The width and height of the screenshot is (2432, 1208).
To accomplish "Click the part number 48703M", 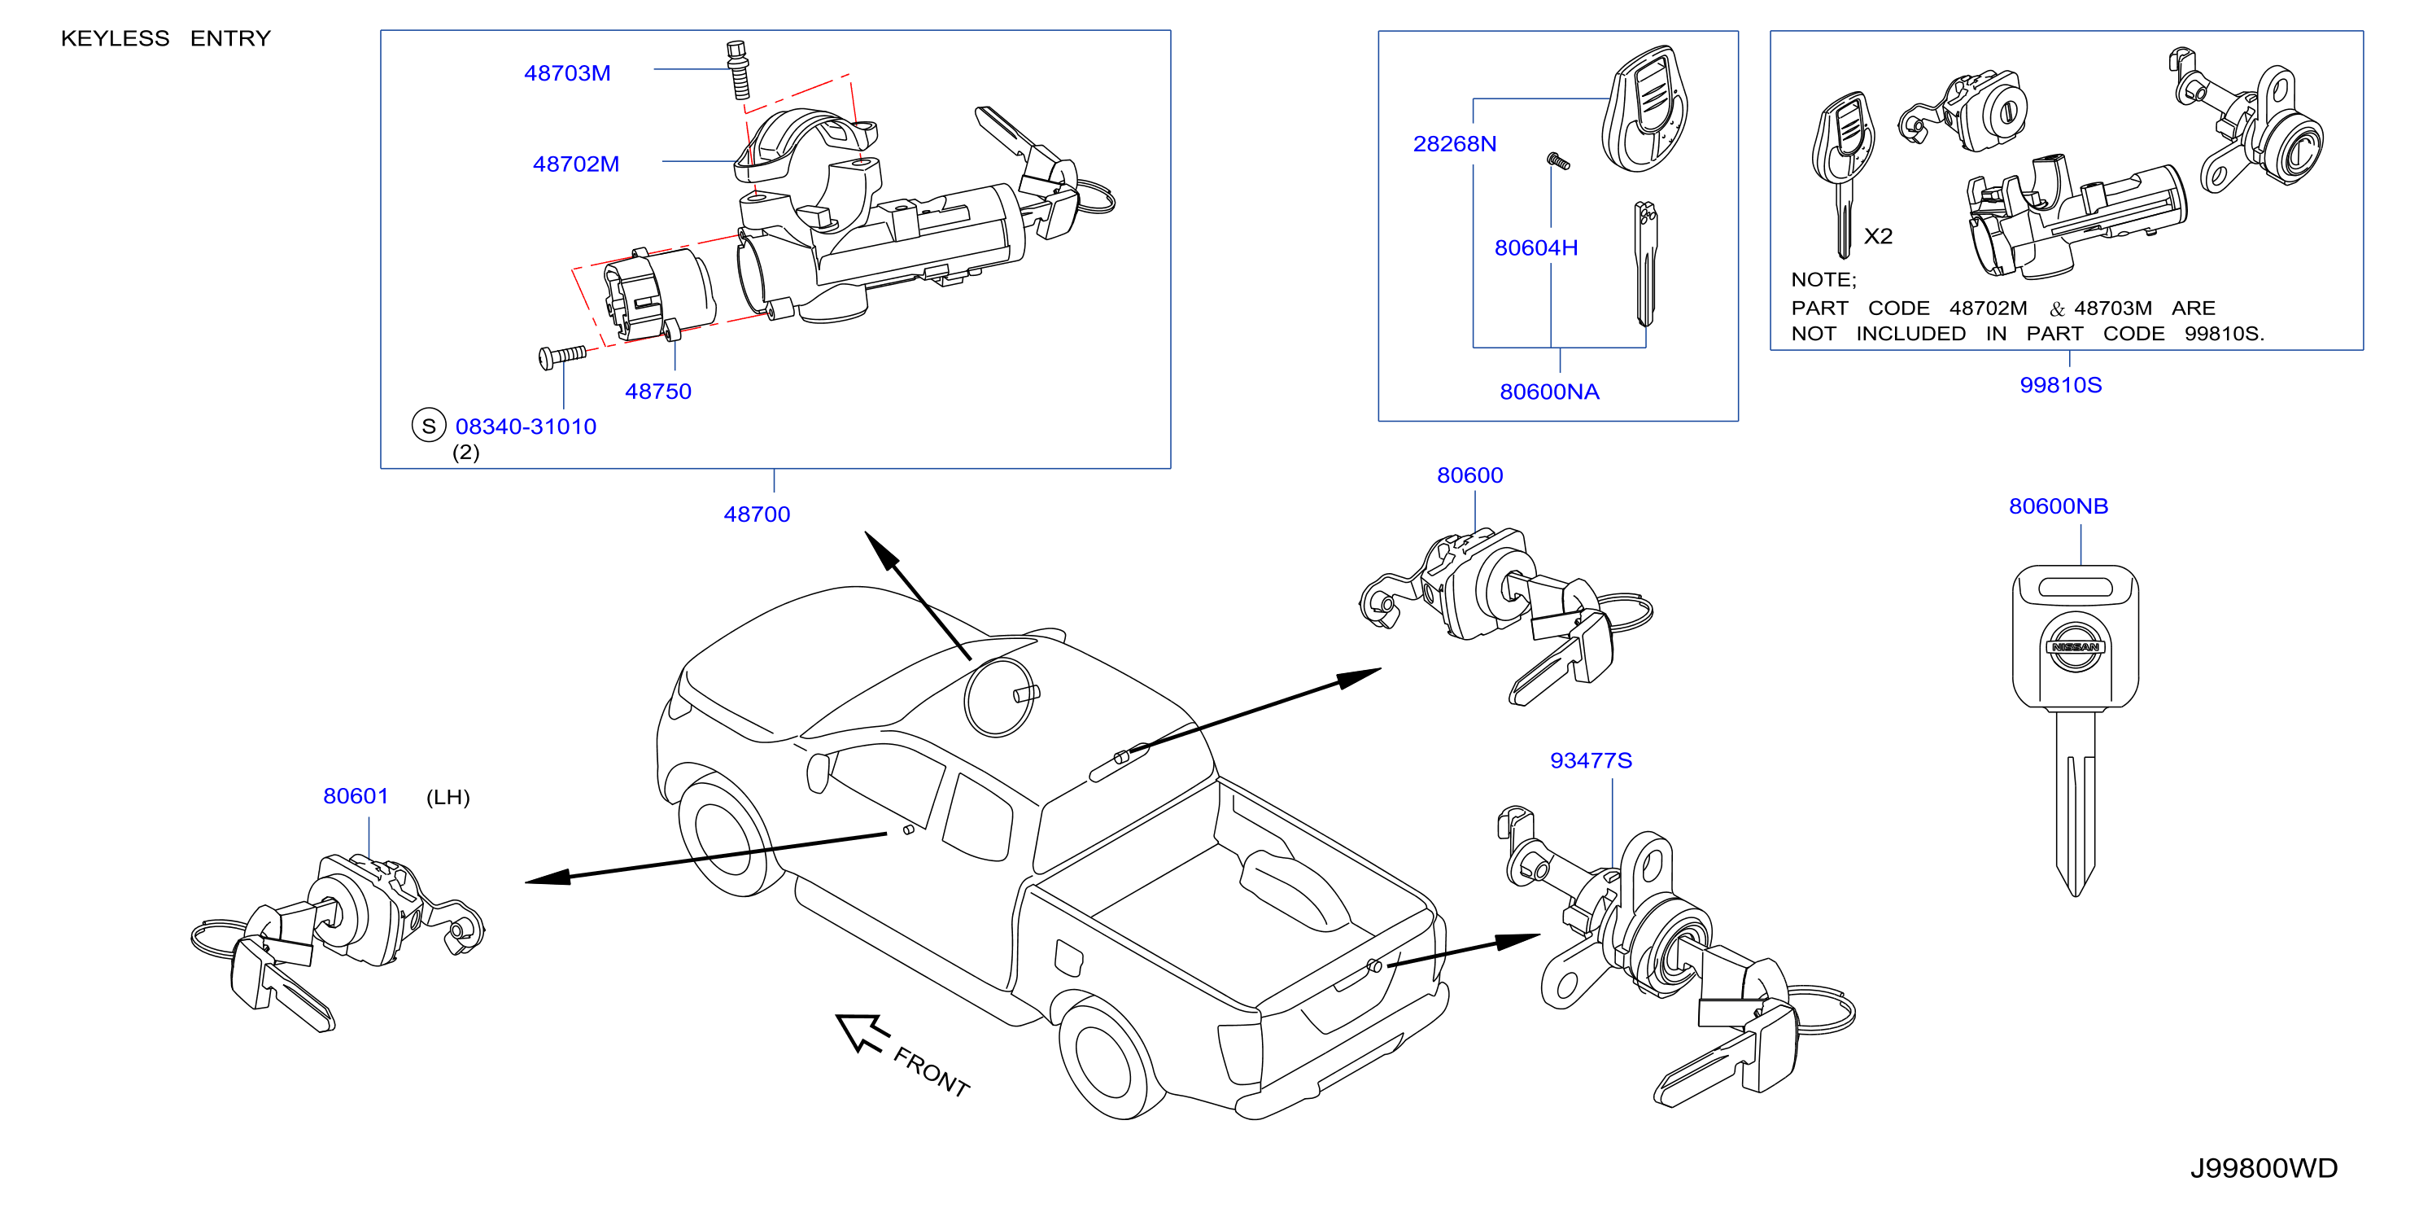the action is [x=567, y=74].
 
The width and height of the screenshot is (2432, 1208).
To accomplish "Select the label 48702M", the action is [x=576, y=164].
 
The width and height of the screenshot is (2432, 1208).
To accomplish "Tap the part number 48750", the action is [x=658, y=392].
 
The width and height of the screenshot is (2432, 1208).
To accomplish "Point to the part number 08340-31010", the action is [x=526, y=427].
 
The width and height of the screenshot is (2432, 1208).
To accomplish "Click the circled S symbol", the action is [x=429, y=426].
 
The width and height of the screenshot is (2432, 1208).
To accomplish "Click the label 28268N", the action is [x=1455, y=145].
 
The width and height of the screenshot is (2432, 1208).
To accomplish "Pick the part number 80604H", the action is [x=1536, y=248].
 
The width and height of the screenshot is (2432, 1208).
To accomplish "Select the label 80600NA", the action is [x=1549, y=392].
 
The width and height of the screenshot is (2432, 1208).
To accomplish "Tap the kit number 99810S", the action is [x=2061, y=385].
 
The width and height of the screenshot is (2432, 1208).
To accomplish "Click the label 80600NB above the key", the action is [x=2059, y=506].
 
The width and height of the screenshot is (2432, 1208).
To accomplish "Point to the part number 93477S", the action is [x=1591, y=761].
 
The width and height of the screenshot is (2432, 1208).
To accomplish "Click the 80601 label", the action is [x=356, y=796].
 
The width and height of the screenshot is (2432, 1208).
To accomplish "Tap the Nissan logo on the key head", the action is [x=2075, y=646].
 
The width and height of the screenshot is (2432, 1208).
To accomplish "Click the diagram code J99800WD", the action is [x=2264, y=1169].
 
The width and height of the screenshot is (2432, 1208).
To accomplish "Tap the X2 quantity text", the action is [x=1878, y=236].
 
